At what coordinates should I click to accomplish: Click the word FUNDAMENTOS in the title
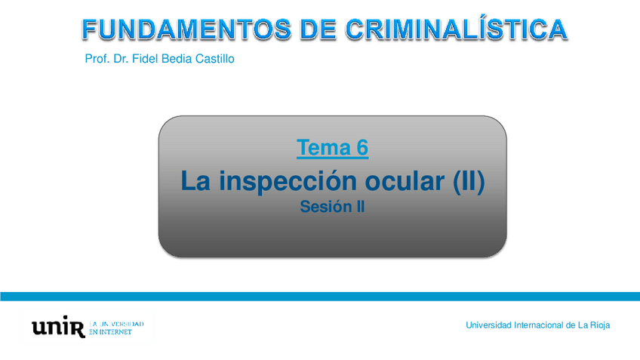(x=186, y=29)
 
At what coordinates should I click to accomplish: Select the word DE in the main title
(x=318, y=29)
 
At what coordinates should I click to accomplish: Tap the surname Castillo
(x=214, y=59)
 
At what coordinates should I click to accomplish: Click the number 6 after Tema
(x=362, y=147)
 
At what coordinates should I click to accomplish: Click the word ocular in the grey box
(x=404, y=181)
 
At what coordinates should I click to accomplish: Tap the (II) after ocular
(x=469, y=181)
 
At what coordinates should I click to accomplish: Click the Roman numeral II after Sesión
(x=360, y=207)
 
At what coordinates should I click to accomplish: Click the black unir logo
(x=58, y=326)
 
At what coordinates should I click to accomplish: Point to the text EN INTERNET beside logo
(x=110, y=332)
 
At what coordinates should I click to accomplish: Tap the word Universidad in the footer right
(x=488, y=325)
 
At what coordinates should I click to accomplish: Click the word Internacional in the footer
(x=539, y=325)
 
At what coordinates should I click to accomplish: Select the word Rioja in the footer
(x=600, y=326)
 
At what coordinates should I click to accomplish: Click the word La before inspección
(x=195, y=181)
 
